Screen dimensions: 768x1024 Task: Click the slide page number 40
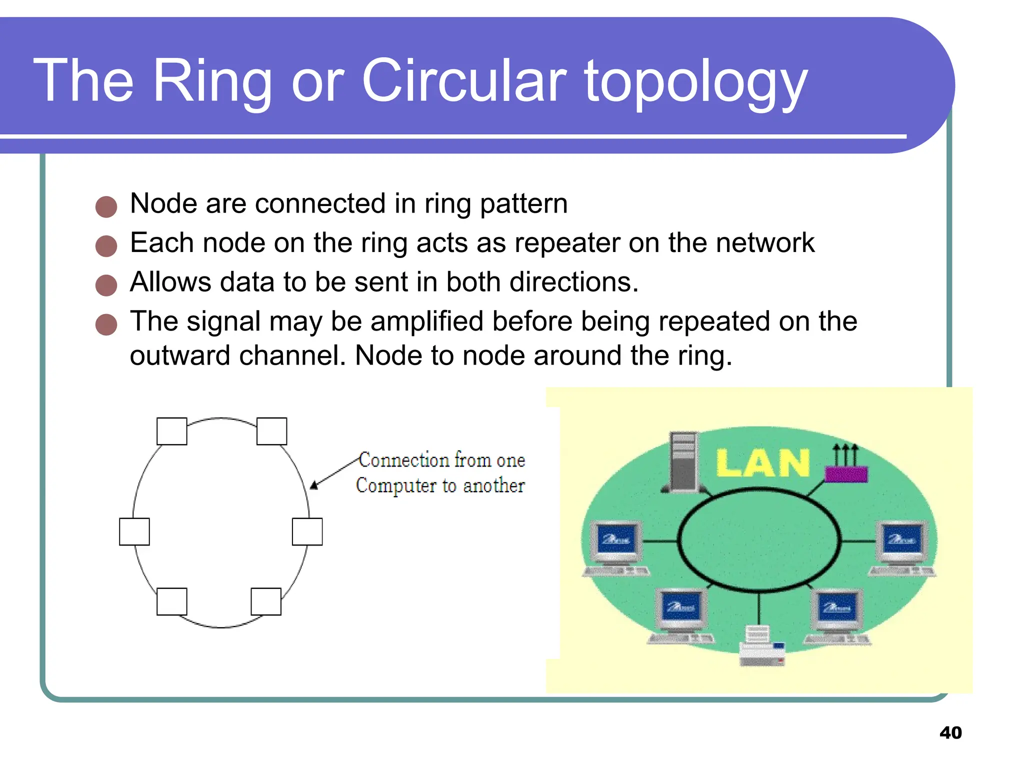click(950, 733)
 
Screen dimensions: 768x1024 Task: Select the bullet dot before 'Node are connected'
click(106, 206)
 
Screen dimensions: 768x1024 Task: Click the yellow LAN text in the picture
click(762, 463)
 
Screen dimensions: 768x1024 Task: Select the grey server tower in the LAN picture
click(683, 462)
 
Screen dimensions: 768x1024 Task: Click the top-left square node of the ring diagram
click(171, 431)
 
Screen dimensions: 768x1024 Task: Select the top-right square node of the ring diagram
click(271, 431)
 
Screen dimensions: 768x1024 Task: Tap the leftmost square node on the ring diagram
click(134, 531)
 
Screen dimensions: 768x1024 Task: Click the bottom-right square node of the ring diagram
click(265, 601)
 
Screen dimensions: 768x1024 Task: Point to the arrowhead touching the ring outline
click(314, 485)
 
